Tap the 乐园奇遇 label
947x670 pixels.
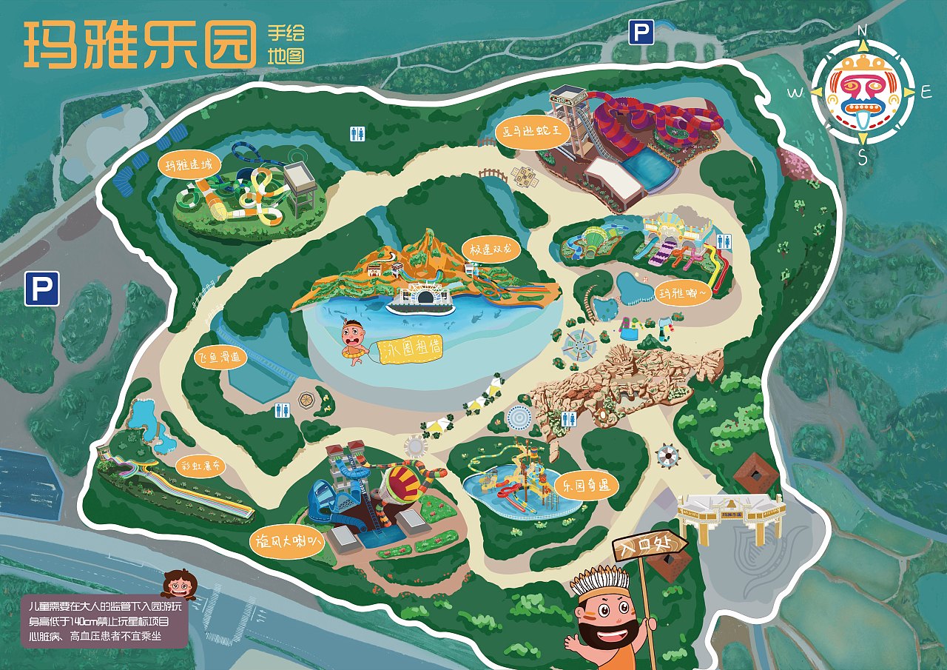click(585, 486)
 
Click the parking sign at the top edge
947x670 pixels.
click(641, 33)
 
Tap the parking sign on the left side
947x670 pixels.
click(41, 289)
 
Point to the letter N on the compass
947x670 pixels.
click(862, 30)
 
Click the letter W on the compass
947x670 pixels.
click(795, 93)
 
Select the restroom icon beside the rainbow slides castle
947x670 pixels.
click(724, 241)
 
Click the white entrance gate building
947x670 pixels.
click(730, 515)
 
